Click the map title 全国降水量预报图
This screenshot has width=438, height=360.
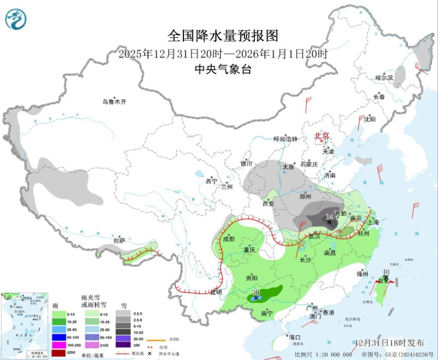coord(223,36)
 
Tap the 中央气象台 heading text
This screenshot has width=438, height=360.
coord(223,69)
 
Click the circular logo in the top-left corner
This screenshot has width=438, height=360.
coord(15,19)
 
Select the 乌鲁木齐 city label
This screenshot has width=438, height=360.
coord(115,102)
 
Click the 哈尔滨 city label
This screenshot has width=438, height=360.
coord(384,78)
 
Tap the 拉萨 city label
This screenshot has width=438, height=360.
coord(119,240)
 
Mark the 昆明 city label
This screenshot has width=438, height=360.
coord(216,292)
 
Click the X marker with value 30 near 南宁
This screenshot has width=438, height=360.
coord(256,297)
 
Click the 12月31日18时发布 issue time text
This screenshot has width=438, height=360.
coord(390,343)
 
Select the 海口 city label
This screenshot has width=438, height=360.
coord(295,337)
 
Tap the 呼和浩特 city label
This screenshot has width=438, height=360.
coord(286,139)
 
